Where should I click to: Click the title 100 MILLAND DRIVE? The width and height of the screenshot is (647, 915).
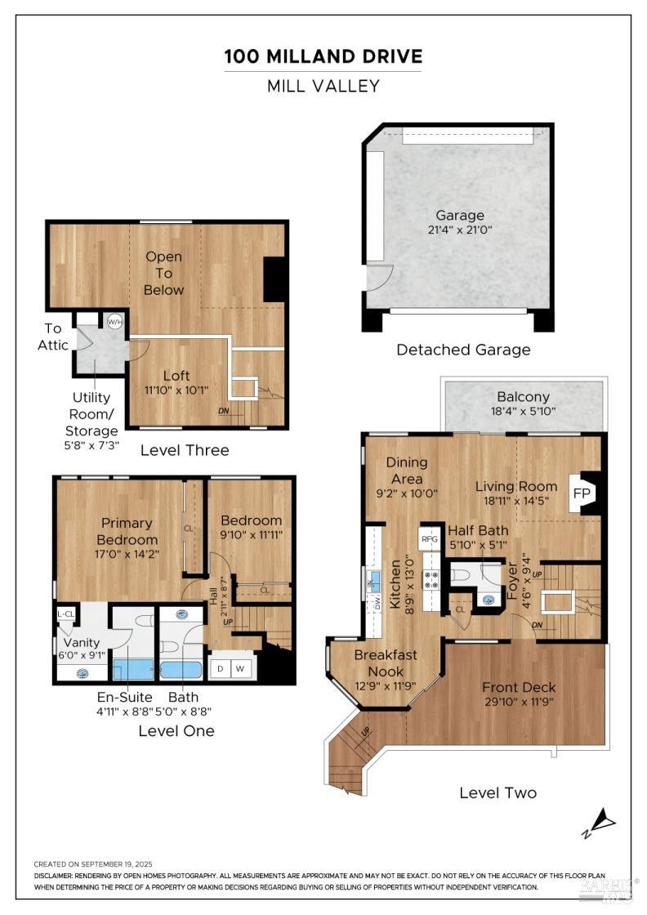coord(323,56)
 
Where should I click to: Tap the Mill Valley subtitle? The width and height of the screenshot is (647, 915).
coord(323,86)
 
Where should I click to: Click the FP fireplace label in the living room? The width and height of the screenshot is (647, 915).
coord(581,494)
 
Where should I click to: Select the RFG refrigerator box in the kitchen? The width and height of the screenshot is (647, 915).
coord(430,539)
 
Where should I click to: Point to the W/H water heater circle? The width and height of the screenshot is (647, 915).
coord(114,321)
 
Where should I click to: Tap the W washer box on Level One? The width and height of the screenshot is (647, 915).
coord(241,669)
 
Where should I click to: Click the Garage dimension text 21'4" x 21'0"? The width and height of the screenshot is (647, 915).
coord(459,230)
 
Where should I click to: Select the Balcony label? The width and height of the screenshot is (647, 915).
coord(523,397)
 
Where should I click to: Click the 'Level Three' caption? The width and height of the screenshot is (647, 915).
coord(185,450)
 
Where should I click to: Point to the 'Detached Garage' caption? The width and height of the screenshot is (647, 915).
coord(463,350)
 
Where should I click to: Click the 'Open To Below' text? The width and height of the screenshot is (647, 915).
coord(163,273)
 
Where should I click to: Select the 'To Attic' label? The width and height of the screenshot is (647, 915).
coord(53,336)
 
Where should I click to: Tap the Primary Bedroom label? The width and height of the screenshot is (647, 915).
coord(127,531)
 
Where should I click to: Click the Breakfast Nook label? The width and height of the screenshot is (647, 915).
coord(385,663)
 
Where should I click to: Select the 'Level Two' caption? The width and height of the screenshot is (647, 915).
coord(498,792)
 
